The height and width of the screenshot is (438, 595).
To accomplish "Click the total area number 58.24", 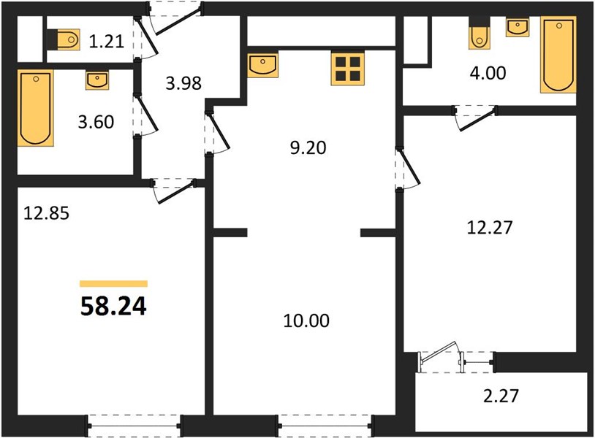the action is (x=113, y=306).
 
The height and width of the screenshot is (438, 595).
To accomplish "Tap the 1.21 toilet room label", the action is (x=107, y=41).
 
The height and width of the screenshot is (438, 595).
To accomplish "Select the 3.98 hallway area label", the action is (x=183, y=83).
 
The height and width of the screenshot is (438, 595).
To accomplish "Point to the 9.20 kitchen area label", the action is (x=308, y=147).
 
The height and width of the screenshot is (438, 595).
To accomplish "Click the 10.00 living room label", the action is (x=306, y=320).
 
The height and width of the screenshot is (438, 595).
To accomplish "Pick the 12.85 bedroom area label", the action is (x=46, y=213).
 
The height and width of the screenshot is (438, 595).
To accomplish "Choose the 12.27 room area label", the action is (x=490, y=227).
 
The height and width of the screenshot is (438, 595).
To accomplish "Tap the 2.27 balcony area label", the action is (x=501, y=396).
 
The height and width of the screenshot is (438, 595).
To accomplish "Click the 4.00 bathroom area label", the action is (x=488, y=73).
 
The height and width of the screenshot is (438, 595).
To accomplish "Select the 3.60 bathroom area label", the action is (x=96, y=122).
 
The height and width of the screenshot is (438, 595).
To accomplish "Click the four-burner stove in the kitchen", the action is (x=348, y=69).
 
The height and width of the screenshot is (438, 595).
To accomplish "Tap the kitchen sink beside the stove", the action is (x=262, y=65).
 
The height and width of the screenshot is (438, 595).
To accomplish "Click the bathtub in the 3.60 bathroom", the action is (x=35, y=108).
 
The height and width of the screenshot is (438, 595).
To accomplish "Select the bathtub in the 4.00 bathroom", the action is (x=558, y=55).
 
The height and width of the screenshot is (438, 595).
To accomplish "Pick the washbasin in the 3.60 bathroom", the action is (x=97, y=80).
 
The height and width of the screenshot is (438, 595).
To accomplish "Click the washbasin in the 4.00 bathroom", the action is (x=518, y=27).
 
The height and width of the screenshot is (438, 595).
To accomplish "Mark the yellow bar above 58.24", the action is (x=113, y=284).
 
